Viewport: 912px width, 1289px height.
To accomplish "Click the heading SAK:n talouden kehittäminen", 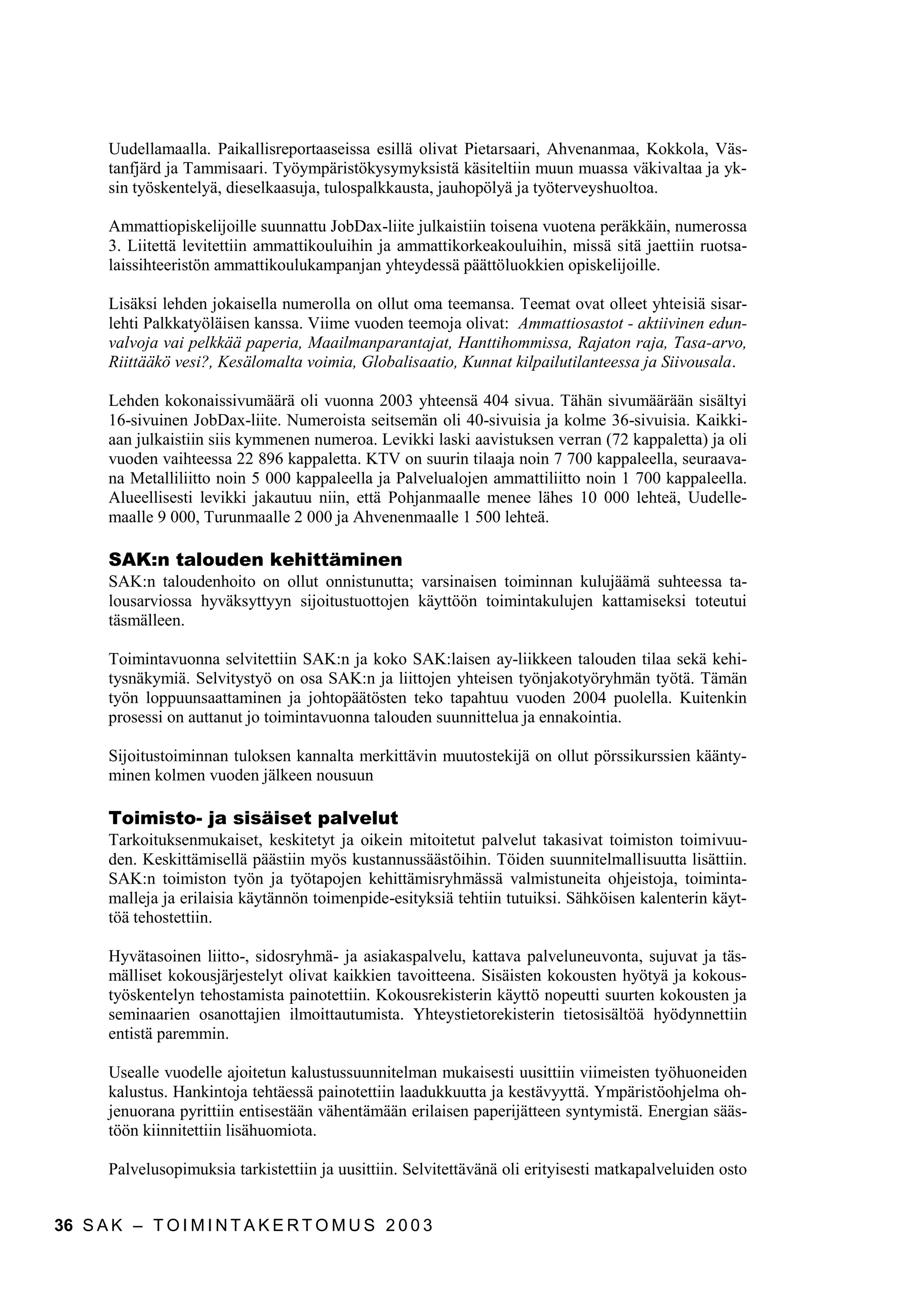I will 255,560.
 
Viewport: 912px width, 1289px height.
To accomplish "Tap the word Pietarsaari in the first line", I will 499,150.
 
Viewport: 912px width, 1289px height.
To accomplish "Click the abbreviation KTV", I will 383,460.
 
